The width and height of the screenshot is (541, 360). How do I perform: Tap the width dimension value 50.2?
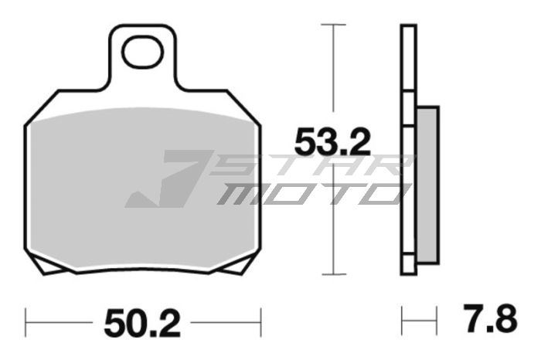click(x=142, y=320)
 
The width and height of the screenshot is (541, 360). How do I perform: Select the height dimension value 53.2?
click(x=333, y=141)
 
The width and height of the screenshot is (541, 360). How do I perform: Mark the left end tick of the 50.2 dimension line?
click(x=27, y=318)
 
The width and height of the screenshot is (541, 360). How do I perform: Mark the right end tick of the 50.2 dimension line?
click(x=261, y=318)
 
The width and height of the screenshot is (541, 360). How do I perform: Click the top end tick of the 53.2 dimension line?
click(x=333, y=25)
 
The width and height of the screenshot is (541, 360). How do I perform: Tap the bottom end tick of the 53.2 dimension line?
click(x=333, y=273)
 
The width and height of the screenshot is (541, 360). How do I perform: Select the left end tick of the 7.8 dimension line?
click(x=402, y=318)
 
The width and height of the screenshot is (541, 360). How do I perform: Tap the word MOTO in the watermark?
click(x=309, y=193)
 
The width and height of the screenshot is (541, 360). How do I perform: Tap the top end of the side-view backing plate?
click(x=408, y=28)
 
